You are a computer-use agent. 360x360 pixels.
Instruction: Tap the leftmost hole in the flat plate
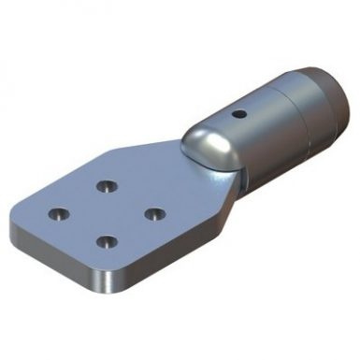58,214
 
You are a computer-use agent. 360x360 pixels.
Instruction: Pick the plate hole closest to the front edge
108,241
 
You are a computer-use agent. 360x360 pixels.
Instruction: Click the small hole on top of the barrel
241,115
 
